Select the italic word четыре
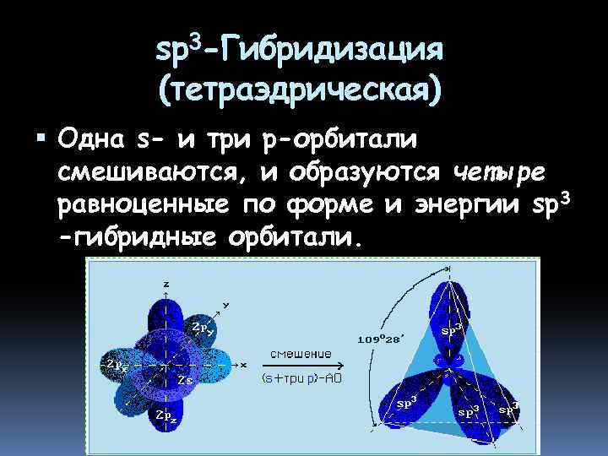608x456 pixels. coord(500,173)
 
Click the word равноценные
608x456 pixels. coord(144,205)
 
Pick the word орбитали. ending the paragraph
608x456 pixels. coord(297,238)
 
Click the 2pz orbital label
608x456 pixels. coord(165,415)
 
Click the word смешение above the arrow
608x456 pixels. coord(301,353)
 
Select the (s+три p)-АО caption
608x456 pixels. coord(301,380)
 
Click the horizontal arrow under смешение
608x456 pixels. coord(301,366)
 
